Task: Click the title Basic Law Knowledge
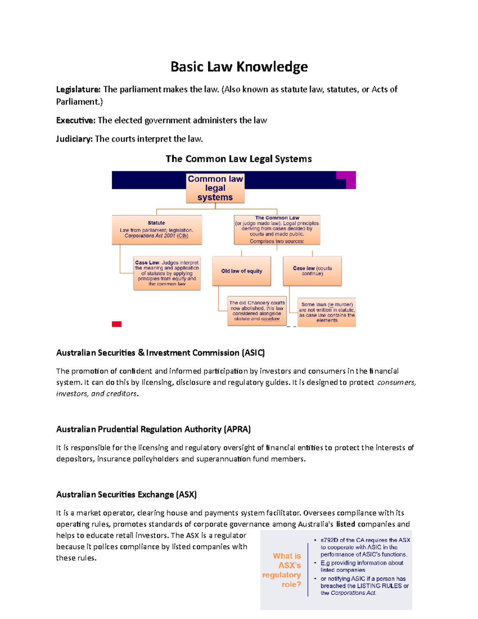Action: click(x=239, y=67)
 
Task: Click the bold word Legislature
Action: click(x=78, y=90)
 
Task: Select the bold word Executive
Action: click(x=76, y=120)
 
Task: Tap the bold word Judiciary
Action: click(x=74, y=139)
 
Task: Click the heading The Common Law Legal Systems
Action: click(x=239, y=159)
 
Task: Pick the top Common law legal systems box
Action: click(x=215, y=188)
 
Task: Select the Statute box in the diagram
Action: click(x=157, y=230)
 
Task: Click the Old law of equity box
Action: click(x=241, y=271)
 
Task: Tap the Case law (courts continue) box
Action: click(x=312, y=271)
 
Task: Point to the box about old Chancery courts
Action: click(x=257, y=311)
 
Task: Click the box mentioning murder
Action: click(x=327, y=312)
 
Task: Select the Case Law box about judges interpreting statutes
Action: click(x=167, y=273)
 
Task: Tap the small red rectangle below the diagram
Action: click(x=117, y=324)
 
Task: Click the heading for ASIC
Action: click(x=160, y=353)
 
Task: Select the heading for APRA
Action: click(x=153, y=429)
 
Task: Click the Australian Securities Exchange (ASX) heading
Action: click(x=126, y=495)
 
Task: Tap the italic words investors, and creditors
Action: click(x=97, y=394)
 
